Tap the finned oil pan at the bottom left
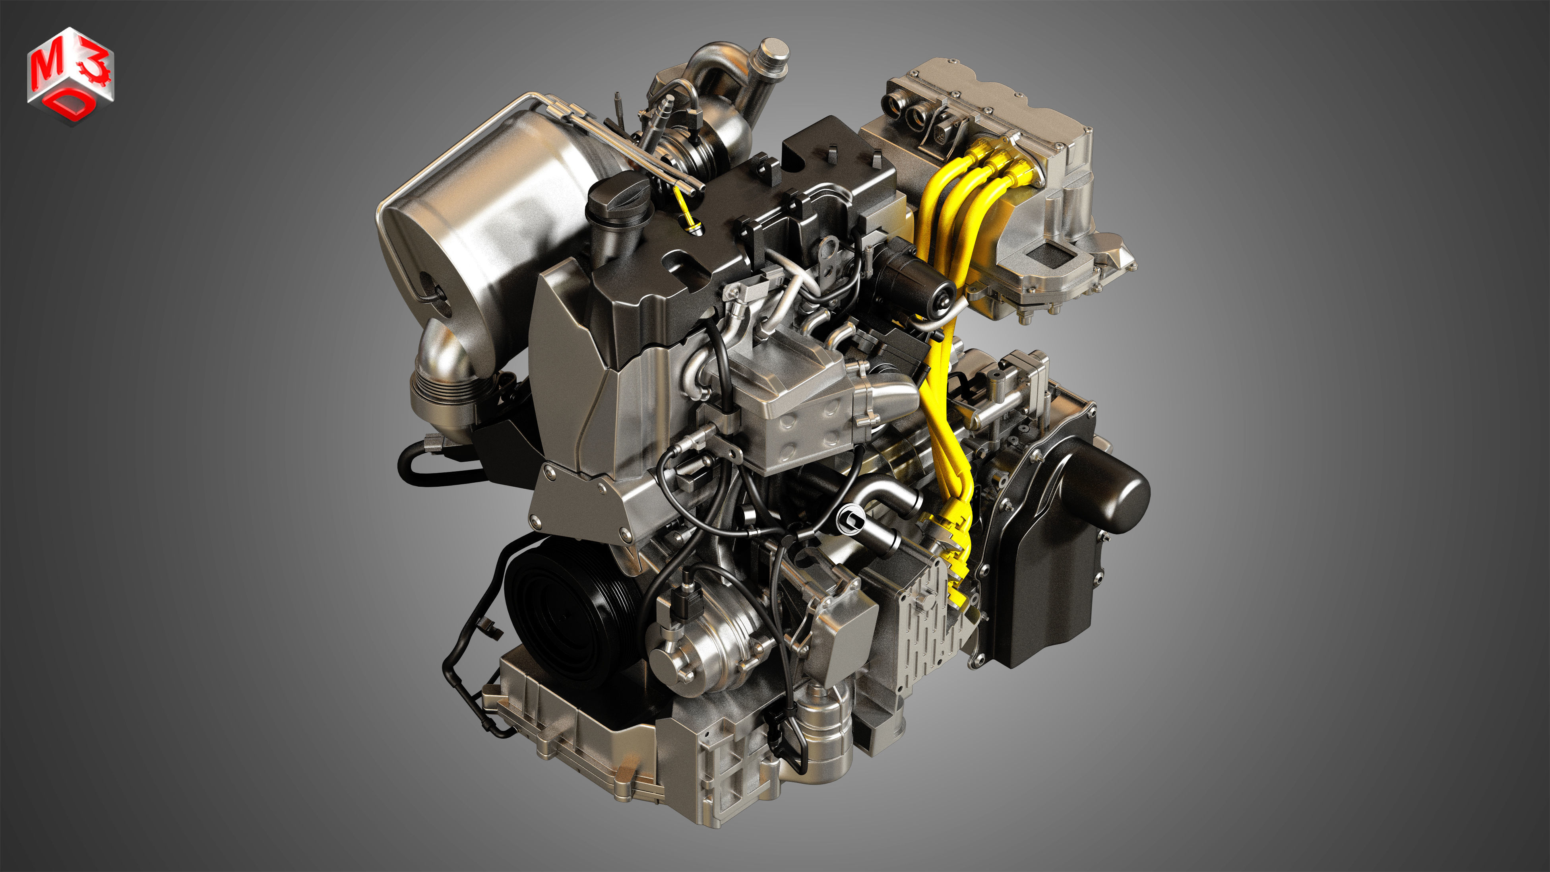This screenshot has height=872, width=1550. [x=577, y=734]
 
